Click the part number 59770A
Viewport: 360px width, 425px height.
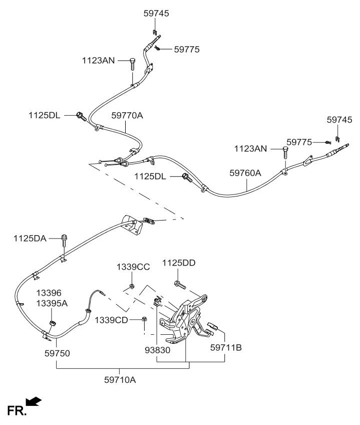[x=127, y=116]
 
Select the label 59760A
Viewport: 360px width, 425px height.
[x=245, y=173]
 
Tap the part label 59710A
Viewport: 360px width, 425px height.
[x=122, y=380]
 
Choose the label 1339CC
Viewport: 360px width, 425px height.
[x=133, y=267]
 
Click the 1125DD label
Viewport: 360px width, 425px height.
[x=178, y=263]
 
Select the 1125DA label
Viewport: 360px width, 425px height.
[x=31, y=239]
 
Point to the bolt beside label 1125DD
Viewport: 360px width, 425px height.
[x=180, y=285]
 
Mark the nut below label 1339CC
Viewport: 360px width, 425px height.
[x=131, y=286]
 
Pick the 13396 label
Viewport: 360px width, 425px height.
[x=48, y=293]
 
